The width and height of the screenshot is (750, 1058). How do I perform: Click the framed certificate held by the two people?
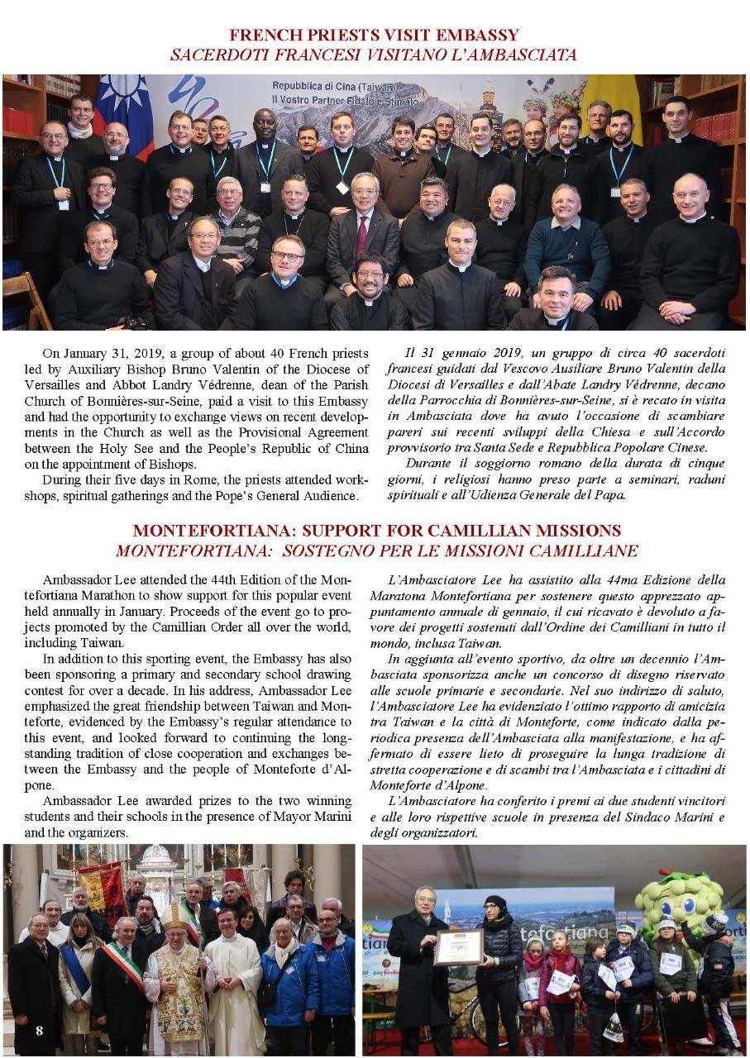[458, 946]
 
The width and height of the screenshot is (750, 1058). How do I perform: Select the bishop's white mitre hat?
[174, 917]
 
